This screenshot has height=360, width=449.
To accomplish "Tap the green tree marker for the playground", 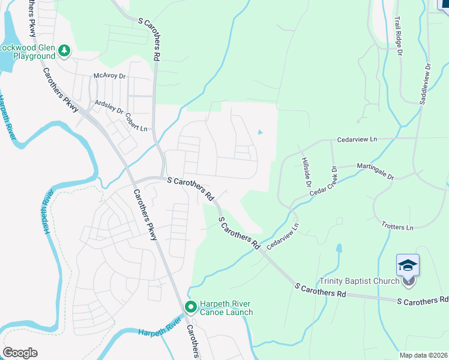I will [x=65, y=52].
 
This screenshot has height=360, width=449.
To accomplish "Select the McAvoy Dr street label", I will [x=109, y=76].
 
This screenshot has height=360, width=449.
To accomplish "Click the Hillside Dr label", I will [x=304, y=168].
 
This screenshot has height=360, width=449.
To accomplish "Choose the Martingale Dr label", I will [x=374, y=171].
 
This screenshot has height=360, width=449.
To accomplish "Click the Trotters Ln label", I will [x=397, y=227].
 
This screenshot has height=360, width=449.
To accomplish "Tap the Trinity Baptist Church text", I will [x=359, y=281].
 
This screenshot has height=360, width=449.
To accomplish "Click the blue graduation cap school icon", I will [x=408, y=265].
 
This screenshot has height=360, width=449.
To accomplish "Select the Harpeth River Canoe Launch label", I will [x=226, y=307].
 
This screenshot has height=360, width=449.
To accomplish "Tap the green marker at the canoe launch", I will [x=191, y=307].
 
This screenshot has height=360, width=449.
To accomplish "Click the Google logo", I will [x=20, y=353].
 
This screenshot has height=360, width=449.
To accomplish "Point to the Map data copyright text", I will [x=423, y=355].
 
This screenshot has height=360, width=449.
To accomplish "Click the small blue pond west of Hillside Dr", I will [x=260, y=133].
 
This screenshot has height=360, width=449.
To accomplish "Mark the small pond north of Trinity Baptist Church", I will [x=339, y=247].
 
